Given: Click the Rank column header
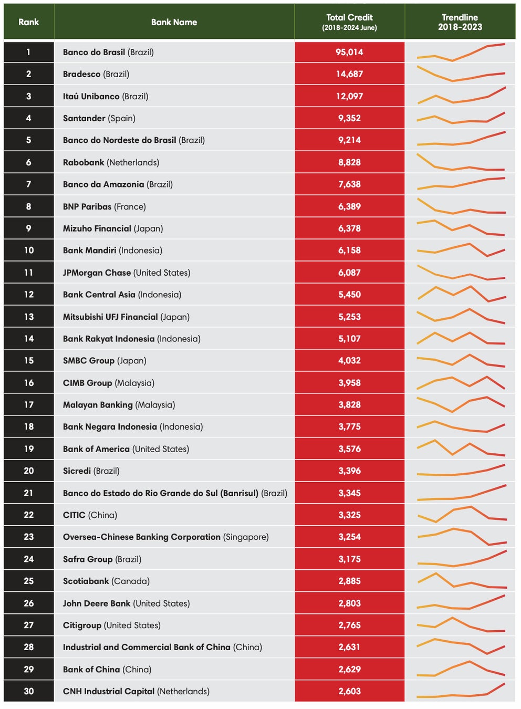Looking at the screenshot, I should coord(28,22).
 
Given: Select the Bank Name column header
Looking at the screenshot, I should coord(174,22).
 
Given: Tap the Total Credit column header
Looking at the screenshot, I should coord(349,22).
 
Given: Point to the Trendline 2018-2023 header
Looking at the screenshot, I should coord(460,22).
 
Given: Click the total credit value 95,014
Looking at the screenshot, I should coord(349,52).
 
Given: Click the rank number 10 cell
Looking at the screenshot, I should coord(28,251).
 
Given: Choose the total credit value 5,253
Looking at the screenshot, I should coord(349,317).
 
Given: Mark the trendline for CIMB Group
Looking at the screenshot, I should coord(460,383).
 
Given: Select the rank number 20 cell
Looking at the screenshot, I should coord(28,471).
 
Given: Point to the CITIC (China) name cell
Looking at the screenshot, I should coord(90,515).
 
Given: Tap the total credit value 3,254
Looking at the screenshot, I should coord(349,537).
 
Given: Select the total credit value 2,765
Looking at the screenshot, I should coord(349,625).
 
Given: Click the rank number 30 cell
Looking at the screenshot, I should coord(28,691).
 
